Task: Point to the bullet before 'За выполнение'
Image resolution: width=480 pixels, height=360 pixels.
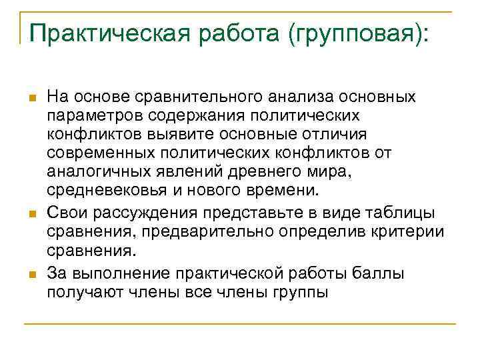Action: [31, 273]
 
